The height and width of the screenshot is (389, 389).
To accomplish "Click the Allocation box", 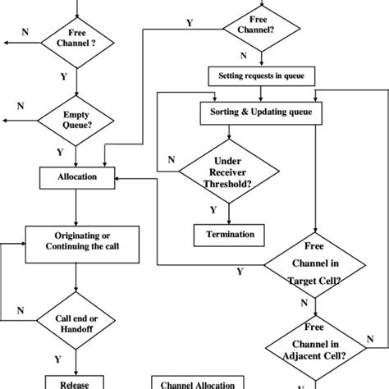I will point(78,176).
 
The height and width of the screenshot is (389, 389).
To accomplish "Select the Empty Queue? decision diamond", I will point(76,121).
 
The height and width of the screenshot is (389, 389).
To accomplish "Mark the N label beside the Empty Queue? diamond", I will point(21,106).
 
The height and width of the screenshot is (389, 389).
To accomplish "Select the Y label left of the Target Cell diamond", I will point(240,271).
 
